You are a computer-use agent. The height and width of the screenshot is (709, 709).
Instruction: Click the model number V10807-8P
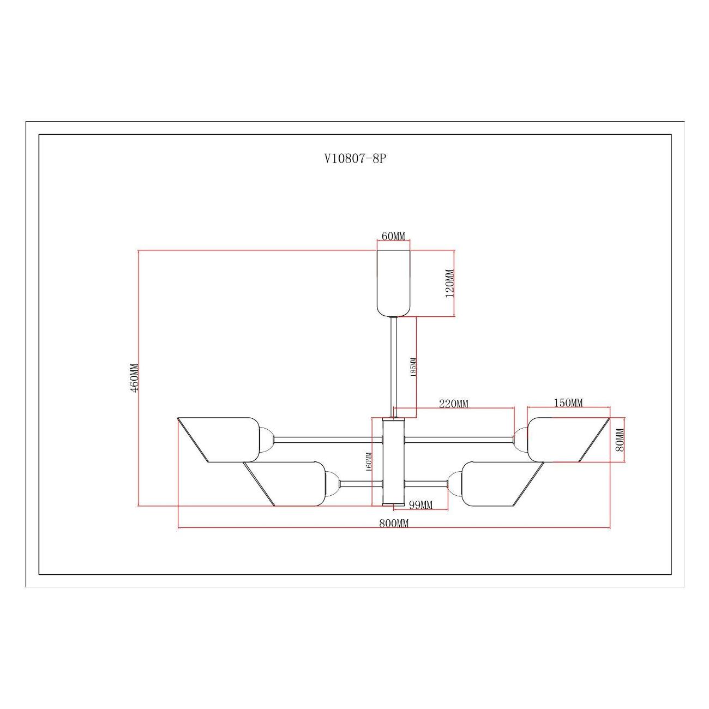(x=356, y=159)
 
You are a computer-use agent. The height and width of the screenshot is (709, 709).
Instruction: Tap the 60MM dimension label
(x=393, y=236)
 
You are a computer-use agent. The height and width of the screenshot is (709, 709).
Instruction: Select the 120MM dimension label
(x=449, y=284)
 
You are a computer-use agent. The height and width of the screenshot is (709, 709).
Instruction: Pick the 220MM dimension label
(x=454, y=404)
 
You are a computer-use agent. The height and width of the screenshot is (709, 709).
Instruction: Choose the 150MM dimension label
(x=568, y=403)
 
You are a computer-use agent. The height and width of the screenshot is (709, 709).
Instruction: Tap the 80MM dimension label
(x=620, y=440)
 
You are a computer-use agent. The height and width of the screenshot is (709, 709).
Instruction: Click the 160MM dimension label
(x=369, y=462)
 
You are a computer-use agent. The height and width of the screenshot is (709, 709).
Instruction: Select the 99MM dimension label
(x=421, y=505)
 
